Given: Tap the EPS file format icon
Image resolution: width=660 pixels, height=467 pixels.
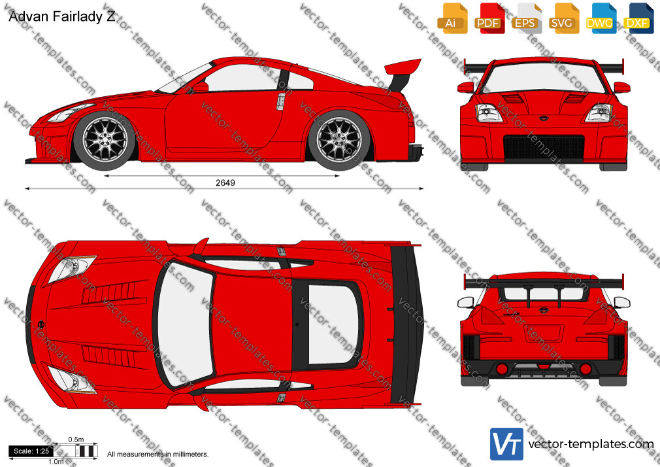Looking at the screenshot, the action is point(527,19).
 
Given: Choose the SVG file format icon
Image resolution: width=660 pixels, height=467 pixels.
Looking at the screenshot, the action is point(564,19).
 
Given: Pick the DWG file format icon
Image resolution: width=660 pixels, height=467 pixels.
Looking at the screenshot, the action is point(601,19).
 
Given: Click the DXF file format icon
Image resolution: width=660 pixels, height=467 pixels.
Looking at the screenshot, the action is point(638,19).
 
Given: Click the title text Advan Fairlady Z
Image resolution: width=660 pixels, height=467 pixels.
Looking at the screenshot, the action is point(62,16).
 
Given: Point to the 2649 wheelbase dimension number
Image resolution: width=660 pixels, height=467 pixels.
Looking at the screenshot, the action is point(225,182).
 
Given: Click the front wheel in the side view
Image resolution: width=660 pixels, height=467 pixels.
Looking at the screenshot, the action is point(105,140).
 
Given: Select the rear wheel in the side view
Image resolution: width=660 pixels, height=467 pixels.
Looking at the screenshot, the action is point(339,140).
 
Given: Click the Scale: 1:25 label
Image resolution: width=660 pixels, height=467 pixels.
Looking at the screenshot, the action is point(31,451).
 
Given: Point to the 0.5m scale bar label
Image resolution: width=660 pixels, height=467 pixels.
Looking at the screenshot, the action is point(76,440).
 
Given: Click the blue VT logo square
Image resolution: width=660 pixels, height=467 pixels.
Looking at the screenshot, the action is point(506,444).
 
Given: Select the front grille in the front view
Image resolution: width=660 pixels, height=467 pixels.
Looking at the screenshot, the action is point(544,148).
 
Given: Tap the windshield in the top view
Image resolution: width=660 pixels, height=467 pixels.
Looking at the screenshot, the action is point(185,324).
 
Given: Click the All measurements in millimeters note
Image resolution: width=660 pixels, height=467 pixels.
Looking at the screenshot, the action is point(157,455).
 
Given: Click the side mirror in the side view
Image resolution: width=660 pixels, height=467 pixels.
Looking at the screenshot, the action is point(201,87).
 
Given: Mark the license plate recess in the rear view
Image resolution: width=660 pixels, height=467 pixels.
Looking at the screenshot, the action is point(544,334).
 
